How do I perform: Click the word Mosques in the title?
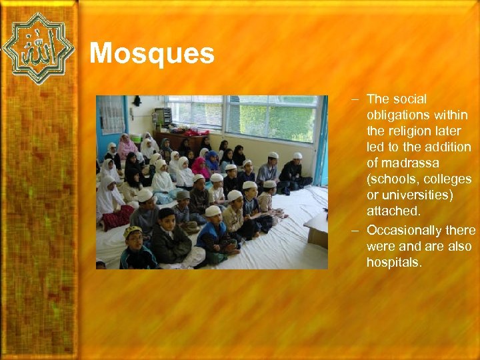(151, 54)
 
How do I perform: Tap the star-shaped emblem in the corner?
(37, 48)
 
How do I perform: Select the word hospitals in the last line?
(394, 262)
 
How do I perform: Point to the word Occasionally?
(404, 230)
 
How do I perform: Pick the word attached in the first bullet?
(393, 211)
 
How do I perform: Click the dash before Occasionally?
(357, 230)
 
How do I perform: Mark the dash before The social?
(357, 99)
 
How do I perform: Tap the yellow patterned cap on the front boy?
(133, 231)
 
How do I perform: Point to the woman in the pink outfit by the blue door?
(126, 146)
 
